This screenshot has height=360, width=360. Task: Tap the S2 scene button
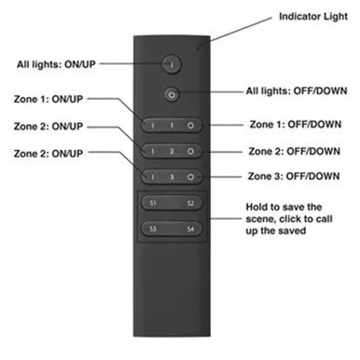tap(189, 202)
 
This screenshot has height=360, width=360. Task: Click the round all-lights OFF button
tap(171, 93)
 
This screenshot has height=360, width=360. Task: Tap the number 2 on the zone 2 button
tap(171, 150)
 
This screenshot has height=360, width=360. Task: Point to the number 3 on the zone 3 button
tap(171, 175)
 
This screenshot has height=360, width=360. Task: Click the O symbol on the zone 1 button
tap(189, 124)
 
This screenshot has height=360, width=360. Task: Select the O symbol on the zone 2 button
tap(189, 150)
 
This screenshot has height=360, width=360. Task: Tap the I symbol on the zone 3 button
tap(153, 175)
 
